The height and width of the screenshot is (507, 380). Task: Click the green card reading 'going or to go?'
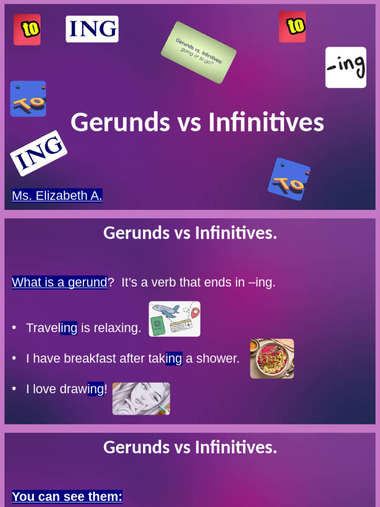198,52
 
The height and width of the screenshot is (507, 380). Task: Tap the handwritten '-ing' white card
346,67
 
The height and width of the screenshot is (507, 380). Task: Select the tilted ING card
39,153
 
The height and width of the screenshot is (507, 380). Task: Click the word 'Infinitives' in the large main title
266,122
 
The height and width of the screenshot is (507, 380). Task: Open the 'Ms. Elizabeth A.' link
57,196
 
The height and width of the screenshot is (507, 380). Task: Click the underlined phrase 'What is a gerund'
59,282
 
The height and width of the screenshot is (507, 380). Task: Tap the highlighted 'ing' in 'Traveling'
69,328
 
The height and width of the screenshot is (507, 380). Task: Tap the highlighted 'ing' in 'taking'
174,358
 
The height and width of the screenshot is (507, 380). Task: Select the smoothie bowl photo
272,358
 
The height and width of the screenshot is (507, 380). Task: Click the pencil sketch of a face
141,398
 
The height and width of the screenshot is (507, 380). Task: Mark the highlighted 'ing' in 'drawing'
95,389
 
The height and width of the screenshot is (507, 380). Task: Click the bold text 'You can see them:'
67,496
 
